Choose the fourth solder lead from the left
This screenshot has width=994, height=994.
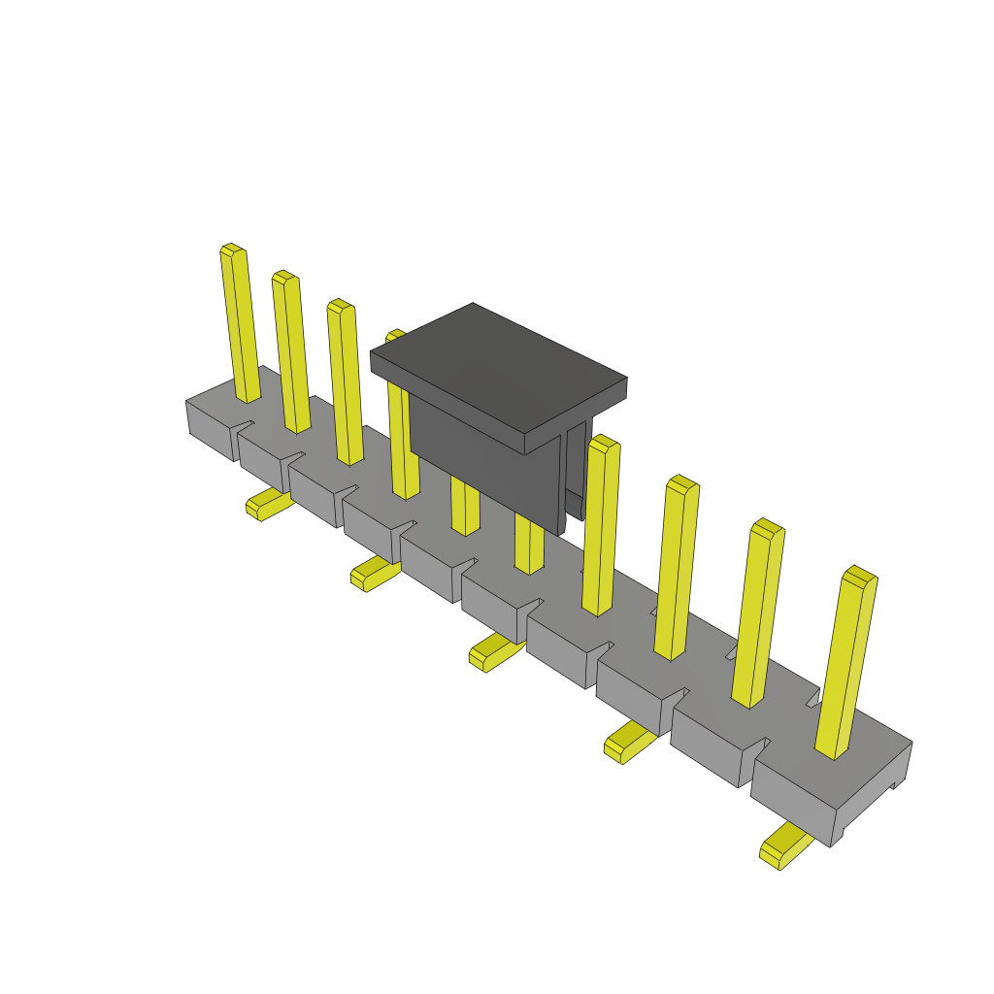click(628, 743)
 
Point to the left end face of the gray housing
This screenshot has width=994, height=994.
click(209, 428)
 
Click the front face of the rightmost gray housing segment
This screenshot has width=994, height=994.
click(791, 801)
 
